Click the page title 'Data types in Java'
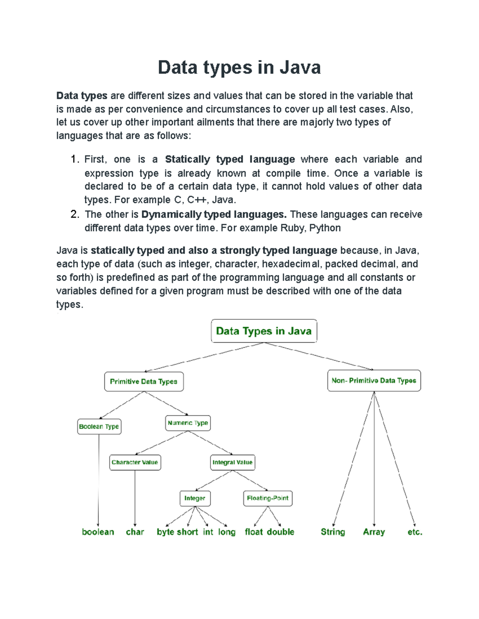pos(239,67)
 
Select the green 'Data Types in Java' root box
pos(264,331)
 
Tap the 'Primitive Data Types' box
pos(144,381)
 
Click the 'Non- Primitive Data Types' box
pos(374,381)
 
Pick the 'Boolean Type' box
pos(99,426)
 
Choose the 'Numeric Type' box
pos(188,423)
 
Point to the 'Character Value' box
pos(135,462)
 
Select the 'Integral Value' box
pos(232,462)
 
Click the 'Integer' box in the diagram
pos(195,498)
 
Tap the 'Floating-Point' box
pos(267,498)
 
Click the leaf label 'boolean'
pos(98,532)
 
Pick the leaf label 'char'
pos(135,532)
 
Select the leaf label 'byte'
pos(165,532)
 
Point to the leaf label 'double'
pos(281,532)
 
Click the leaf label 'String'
pos(333,532)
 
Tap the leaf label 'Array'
pos(374,532)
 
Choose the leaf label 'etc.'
pos(415,532)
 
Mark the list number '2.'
pos(75,214)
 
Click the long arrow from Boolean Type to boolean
pos(98,478)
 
